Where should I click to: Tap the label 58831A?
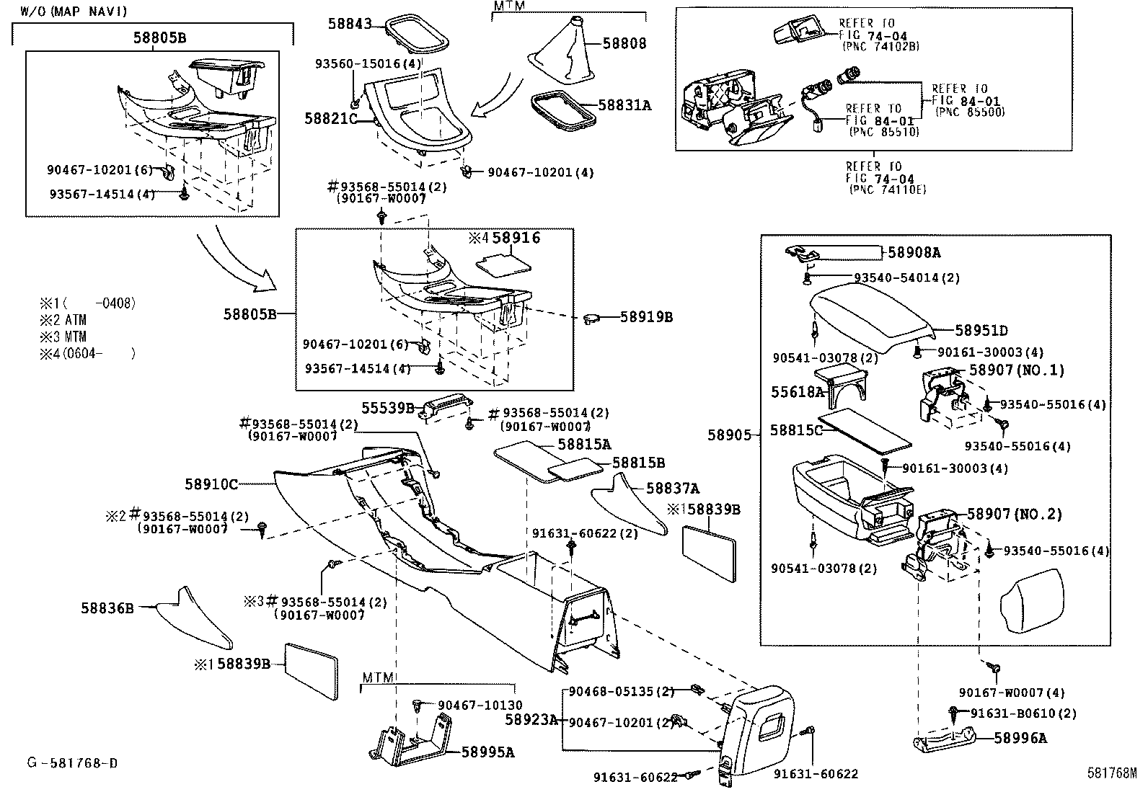626,105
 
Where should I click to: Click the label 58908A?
914,252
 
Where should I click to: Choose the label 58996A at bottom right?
1020,738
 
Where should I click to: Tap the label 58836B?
107,608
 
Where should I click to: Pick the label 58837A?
673,489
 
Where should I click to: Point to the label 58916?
516,238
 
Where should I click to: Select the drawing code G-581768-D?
72,762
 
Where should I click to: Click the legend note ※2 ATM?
63,320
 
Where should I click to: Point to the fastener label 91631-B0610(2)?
1023,713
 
